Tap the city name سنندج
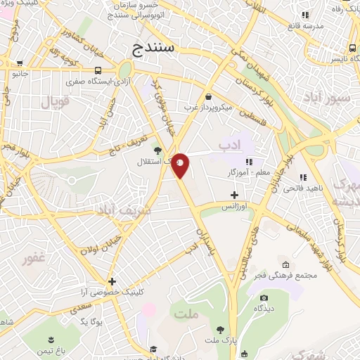[x=156, y=48]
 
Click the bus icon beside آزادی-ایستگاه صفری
[x=97, y=70]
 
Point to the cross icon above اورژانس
[x=234, y=195]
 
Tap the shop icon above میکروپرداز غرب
[x=208, y=96]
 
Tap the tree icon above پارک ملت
[x=220, y=329]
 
